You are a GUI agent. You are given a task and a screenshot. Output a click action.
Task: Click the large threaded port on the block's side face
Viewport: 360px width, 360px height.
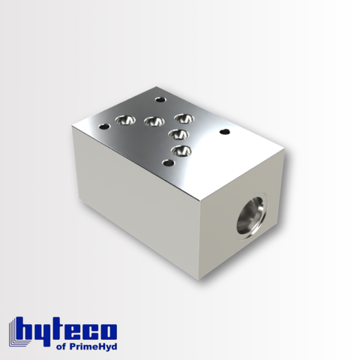[x=251, y=215]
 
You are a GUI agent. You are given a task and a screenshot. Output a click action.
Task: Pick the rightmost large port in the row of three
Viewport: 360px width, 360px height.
[x=183, y=118]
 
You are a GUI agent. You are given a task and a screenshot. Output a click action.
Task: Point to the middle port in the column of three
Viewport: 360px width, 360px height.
[x=177, y=134]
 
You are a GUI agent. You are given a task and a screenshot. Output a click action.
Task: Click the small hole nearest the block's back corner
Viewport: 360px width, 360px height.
[x=160, y=98]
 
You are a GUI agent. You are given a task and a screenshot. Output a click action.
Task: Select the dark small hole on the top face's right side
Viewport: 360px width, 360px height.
[x=223, y=132]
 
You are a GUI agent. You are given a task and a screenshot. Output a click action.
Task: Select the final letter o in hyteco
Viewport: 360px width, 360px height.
[x=109, y=331]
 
